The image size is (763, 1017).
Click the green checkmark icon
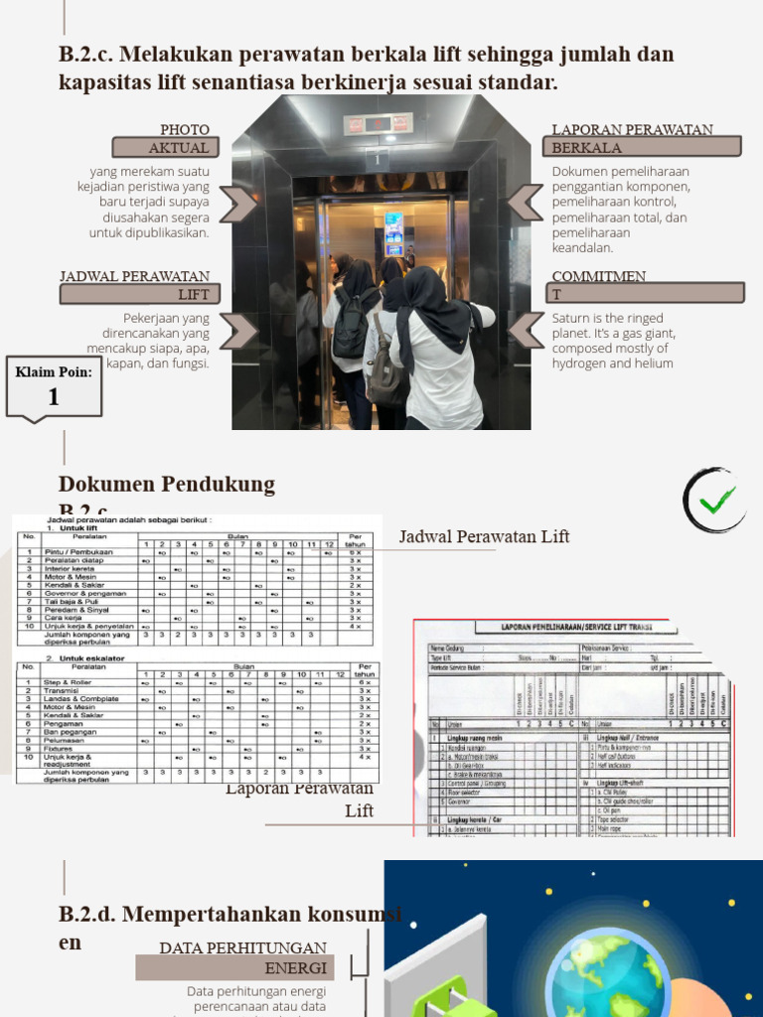tap(716, 501)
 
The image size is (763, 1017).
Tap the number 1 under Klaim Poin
tap(54, 397)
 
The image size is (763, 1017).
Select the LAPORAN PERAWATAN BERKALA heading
tap(633, 139)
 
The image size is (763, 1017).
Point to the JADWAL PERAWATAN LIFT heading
tap(135, 285)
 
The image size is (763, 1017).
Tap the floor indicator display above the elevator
tap(377, 124)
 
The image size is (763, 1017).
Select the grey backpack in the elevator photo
tap(383, 369)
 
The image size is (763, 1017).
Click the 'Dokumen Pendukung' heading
tap(167, 485)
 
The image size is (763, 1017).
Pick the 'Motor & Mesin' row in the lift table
tap(71, 577)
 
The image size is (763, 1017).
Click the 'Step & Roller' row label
tap(67, 683)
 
